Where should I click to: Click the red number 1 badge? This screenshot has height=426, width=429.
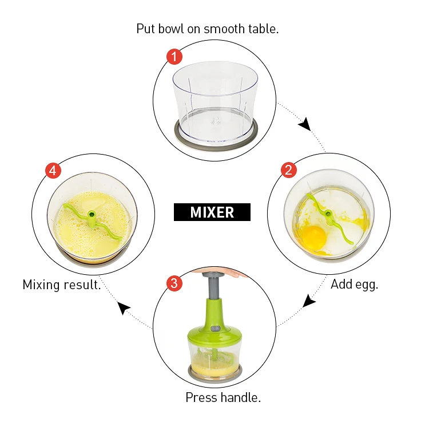pyautogui.click(x=174, y=57)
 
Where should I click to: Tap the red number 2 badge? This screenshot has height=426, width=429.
pyautogui.click(x=289, y=170)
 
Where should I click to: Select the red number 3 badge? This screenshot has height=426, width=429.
pyautogui.click(x=174, y=283)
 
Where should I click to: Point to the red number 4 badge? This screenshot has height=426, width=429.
pyautogui.click(x=53, y=171)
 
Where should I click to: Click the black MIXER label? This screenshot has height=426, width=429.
pyautogui.click(x=212, y=212)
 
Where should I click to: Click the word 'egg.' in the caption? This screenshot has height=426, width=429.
pyautogui.click(x=367, y=285)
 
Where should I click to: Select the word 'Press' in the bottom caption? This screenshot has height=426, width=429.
pyautogui.click(x=201, y=397)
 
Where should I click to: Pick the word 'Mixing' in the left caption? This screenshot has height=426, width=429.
pyautogui.click(x=41, y=285)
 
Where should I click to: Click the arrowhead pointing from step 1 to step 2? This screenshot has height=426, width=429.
pyautogui.click(x=305, y=124)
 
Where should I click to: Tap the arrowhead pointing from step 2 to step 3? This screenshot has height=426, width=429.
pyautogui.click(x=309, y=301)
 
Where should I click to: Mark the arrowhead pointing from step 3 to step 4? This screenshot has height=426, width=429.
pyautogui.click(x=123, y=307)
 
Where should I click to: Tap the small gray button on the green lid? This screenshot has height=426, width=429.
pyautogui.click(x=215, y=329)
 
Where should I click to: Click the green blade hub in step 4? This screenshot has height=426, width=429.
pyautogui.click(x=92, y=214)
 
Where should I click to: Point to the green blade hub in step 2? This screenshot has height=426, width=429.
pyautogui.click(x=328, y=214)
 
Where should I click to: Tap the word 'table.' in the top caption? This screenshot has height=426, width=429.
pyautogui.click(x=263, y=29)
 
